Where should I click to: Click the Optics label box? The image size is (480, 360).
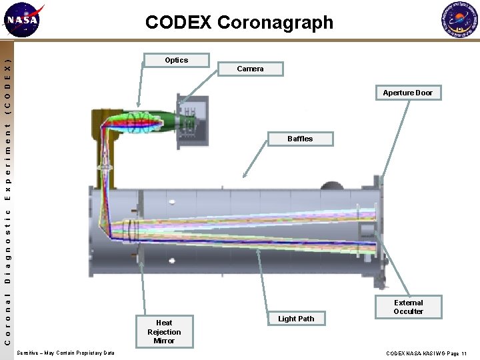click(x=176, y=60)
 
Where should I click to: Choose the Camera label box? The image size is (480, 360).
click(x=250, y=69)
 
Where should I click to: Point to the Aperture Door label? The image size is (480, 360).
click(x=407, y=93)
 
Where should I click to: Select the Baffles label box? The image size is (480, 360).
click(x=299, y=139)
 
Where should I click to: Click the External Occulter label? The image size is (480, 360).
click(x=408, y=307)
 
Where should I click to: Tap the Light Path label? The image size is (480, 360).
click(x=296, y=319)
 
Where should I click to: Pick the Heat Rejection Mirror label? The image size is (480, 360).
click(x=164, y=331)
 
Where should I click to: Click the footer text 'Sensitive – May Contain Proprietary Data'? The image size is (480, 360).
click(x=65, y=353)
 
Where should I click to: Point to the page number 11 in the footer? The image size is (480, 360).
click(x=464, y=353)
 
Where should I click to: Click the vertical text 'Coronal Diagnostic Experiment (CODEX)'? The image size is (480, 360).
click(x=7, y=200)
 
